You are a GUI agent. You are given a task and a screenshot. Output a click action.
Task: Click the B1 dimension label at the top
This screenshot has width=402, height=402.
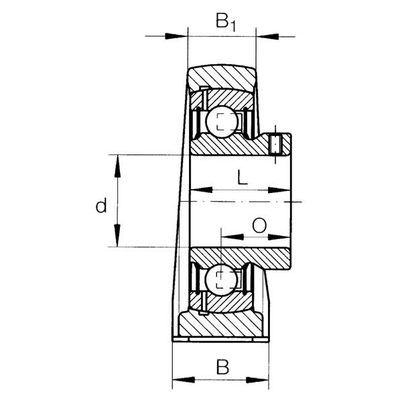coord(225,22)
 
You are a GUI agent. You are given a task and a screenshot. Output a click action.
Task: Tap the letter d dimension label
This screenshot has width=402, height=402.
coord(100,206)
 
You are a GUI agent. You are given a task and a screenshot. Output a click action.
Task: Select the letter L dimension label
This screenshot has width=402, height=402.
coord(243,177)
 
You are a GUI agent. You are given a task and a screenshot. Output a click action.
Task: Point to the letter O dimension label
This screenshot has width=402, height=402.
coord(259,225)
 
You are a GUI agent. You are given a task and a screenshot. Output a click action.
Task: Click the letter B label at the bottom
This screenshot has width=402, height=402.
coord(222,367)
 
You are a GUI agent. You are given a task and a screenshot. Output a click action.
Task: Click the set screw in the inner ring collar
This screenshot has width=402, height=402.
coord(276,144)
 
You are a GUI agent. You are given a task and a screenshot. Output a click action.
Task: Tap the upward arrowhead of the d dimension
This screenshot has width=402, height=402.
coord(117,166)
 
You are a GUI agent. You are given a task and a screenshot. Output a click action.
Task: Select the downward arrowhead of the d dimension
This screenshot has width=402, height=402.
coord(117,235)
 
